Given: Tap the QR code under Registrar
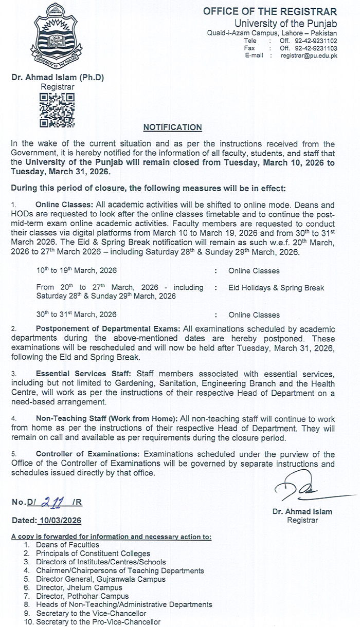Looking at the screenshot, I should pyautogui.click(x=58, y=110).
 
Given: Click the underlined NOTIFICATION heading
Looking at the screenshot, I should pyautogui.click(x=172, y=127).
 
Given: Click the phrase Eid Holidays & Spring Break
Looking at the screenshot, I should pyautogui.click(x=276, y=288).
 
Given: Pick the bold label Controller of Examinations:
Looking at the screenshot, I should pyautogui.click(x=88, y=454).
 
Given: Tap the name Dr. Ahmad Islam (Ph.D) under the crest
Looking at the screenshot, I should pyautogui.click(x=58, y=78).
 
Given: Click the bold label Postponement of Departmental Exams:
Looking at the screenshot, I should pyautogui.click(x=107, y=329).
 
